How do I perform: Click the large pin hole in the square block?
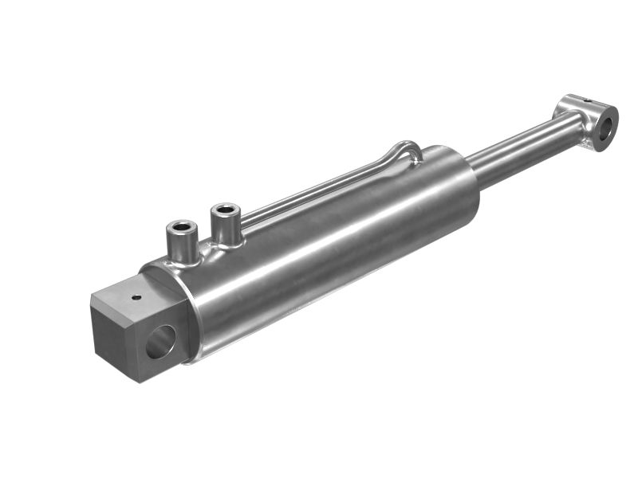159,342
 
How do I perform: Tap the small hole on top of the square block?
136,298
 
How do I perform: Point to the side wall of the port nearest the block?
183,246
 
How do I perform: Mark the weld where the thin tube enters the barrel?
414,161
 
